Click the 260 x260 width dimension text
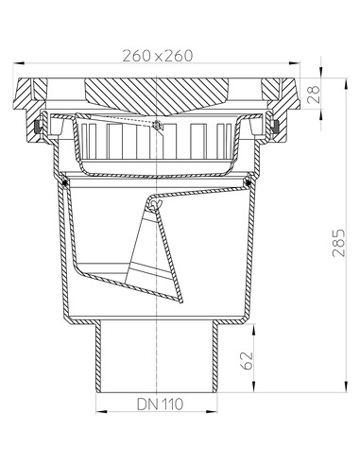157,55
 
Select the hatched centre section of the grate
156,93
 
